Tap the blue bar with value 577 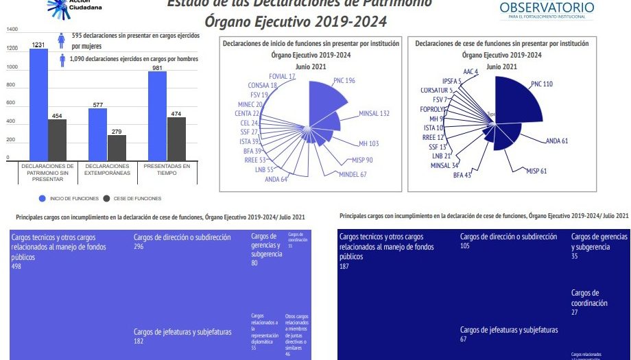click(x=97, y=134)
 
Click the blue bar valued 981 click(x=157, y=116)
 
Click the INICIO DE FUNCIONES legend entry click(x=68, y=198)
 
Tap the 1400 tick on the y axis click(x=12, y=29)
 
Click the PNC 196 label click(x=344, y=80)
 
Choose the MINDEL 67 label click(x=353, y=174)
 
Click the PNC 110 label click(x=542, y=84)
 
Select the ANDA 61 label click(x=557, y=141)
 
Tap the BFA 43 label click(x=462, y=176)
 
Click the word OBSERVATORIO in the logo click(x=547, y=8)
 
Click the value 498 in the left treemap click(x=16, y=266)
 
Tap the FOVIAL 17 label click(x=283, y=76)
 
